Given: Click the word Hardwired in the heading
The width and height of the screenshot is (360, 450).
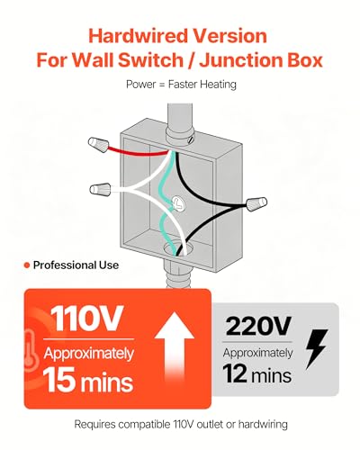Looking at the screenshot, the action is click(x=138, y=36).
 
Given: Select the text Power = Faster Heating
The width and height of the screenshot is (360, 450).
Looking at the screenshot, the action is click(x=181, y=85).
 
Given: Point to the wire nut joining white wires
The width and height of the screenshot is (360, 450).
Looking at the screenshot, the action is click(x=101, y=189).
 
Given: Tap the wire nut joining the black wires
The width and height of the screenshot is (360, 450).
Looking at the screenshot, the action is click(x=256, y=204).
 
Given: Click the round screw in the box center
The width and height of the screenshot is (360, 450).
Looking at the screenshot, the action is click(x=178, y=203).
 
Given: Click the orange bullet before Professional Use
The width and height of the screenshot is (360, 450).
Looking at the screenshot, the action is click(x=27, y=265).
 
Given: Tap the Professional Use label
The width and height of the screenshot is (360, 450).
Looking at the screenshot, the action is click(x=76, y=265).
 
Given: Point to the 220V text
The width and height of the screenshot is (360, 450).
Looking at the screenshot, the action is click(x=258, y=326).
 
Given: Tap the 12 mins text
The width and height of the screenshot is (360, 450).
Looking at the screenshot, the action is click(x=257, y=374).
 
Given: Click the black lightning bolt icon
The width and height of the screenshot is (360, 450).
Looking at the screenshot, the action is click(x=316, y=349).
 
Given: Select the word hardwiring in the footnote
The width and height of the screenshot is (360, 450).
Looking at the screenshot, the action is click(x=263, y=424).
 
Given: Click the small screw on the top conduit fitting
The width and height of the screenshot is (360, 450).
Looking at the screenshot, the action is click(x=189, y=139).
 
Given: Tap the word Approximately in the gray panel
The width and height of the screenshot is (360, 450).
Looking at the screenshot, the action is click(x=257, y=354).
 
